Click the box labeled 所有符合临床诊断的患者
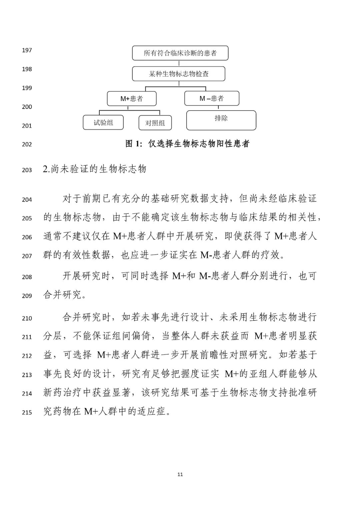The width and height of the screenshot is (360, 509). point(180,53)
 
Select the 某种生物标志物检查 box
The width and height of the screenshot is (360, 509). point(178,74)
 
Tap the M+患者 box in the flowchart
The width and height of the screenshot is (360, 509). point(132,99)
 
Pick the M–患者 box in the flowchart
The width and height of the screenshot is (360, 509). point(212,99)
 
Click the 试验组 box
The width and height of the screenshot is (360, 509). point(103,123)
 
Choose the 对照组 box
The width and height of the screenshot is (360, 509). point(155,123)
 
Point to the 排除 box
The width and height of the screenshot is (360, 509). point(221,120)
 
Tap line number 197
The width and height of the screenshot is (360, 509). point(27,50)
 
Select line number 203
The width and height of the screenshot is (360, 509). point(27,170)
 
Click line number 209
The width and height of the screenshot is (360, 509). point(27,296)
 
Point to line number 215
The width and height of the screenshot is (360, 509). point(27,412)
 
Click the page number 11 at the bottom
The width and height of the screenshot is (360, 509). point(180,474)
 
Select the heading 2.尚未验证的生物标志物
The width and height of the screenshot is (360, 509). point(95,169)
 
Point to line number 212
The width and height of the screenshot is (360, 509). point(27,356)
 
